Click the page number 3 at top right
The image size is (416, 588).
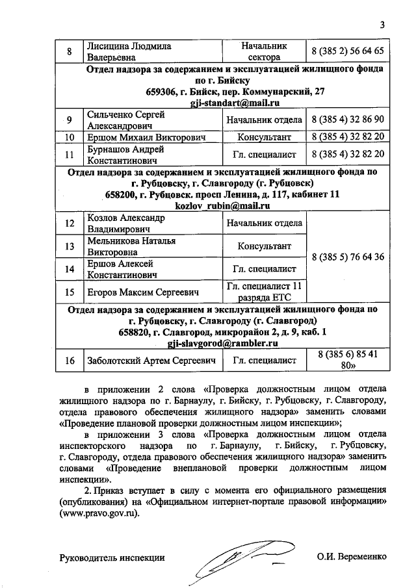pyautogui.click(x=383, y=25)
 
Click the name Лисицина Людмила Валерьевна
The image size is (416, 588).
pyautogui.click(x=129, y=51)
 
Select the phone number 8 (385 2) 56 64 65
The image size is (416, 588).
pyautogui.click(x=348, y=51)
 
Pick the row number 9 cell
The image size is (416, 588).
pyautogui.click(x=69, y=120)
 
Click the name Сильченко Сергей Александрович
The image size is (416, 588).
pyautogui.click(x=126, y=120)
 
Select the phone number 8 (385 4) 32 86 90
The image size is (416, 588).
pyautogui.click(x=348, y=120)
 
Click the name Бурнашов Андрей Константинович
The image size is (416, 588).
pyautogui.click(x=125, y=155)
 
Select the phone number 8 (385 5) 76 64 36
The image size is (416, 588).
pyautogui.click(x=348, y=257)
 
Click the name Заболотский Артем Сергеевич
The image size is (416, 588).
pyautogui.click(x=150, y=360)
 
